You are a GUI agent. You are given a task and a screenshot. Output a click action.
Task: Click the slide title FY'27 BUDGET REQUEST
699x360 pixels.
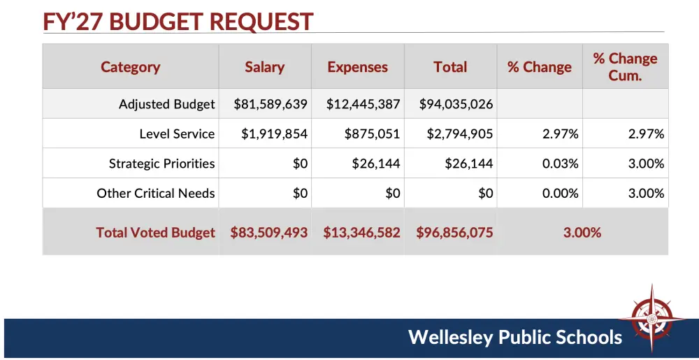[178, 21]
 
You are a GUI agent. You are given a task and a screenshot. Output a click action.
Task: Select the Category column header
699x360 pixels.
[130, 67]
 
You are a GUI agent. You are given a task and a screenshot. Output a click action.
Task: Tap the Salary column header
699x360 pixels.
[264, 67]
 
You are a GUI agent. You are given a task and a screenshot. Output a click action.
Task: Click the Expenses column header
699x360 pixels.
[357, 67]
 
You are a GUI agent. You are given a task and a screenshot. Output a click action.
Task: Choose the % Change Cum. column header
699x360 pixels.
[625, 67]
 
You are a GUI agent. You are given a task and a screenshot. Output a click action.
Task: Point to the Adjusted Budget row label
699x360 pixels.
[166, 104]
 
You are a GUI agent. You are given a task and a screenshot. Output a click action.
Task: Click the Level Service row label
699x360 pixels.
[177, 134]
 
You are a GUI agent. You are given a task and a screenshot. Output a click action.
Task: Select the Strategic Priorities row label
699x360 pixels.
[161, 164]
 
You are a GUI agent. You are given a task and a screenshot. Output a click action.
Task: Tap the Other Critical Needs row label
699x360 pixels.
[156, 193]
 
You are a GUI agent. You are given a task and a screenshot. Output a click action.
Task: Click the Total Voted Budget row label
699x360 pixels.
[155, 232]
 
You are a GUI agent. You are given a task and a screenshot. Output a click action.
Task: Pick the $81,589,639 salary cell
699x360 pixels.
[271, 104]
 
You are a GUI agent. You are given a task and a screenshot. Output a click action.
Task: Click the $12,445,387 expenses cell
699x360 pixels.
[363, 104]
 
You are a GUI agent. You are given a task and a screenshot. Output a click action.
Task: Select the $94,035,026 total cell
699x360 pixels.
[456, 104]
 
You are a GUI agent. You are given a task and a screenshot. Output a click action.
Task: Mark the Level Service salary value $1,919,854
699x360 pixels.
[274, 134]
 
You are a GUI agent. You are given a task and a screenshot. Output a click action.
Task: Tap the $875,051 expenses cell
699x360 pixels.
[372, 134]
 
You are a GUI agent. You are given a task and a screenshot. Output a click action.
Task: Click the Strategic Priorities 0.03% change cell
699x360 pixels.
[560, 164]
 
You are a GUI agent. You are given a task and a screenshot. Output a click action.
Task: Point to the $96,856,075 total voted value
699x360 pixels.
[454, 232]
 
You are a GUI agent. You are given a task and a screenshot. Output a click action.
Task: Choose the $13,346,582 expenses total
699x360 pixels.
[361, 232]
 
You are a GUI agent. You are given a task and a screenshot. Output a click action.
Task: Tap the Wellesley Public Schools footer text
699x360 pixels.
[515, 338]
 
